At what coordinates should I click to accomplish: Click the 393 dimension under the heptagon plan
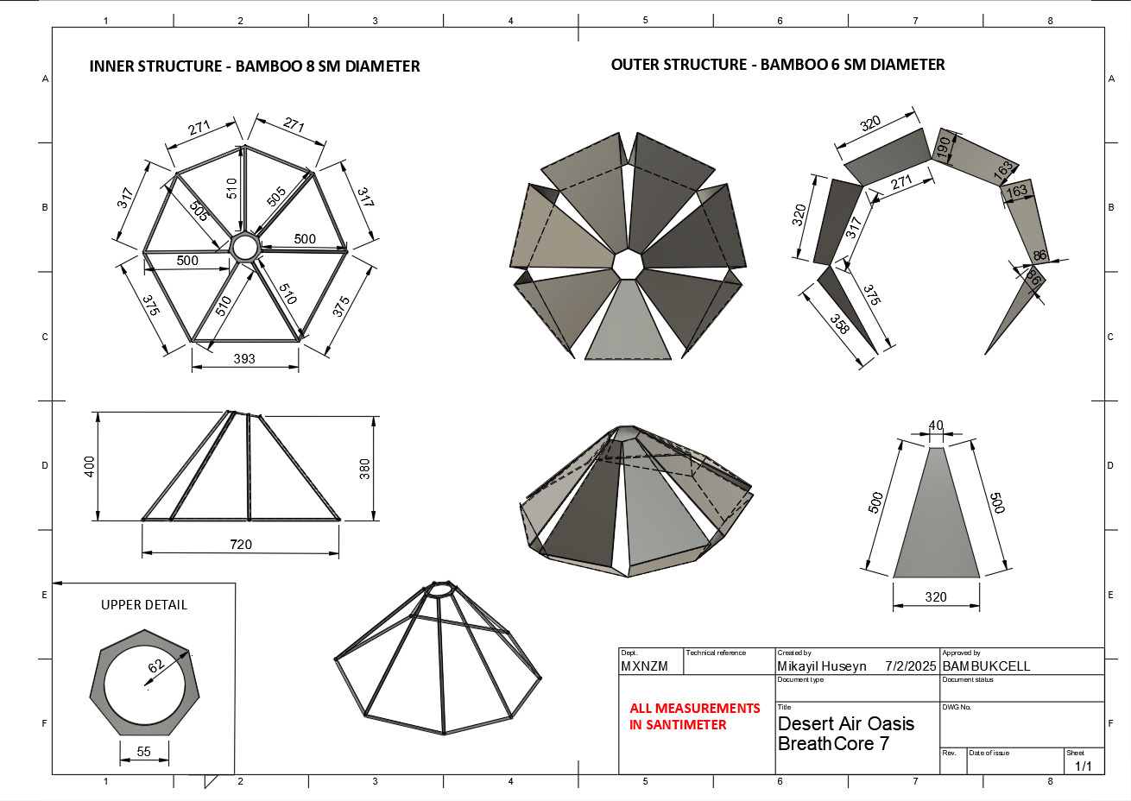click(244, 358)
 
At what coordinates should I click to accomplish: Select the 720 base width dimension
click(240, 544)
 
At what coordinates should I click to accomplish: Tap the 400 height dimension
click(89, 467)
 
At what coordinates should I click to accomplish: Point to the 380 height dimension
click(364, 469)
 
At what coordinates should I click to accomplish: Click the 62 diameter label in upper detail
click(156, 665)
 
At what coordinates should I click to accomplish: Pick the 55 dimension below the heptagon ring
click(144, 752)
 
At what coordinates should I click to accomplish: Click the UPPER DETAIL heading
click(144, 605)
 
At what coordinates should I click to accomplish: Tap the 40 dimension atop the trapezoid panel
click(936, 425)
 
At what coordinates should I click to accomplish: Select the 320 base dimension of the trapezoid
click(936, 597)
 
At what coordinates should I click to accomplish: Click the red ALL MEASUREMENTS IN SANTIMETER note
click(695, 716)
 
